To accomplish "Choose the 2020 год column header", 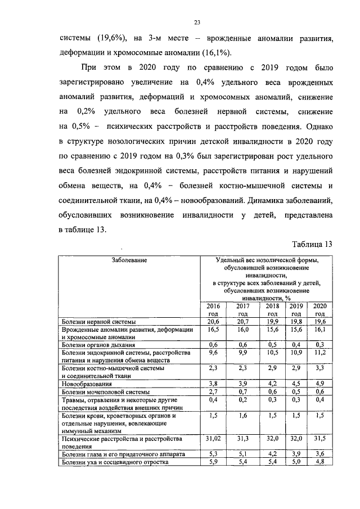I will click(319, 309).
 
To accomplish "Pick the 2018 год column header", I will click(273, 309).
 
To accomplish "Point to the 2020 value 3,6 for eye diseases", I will click(319, 453).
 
